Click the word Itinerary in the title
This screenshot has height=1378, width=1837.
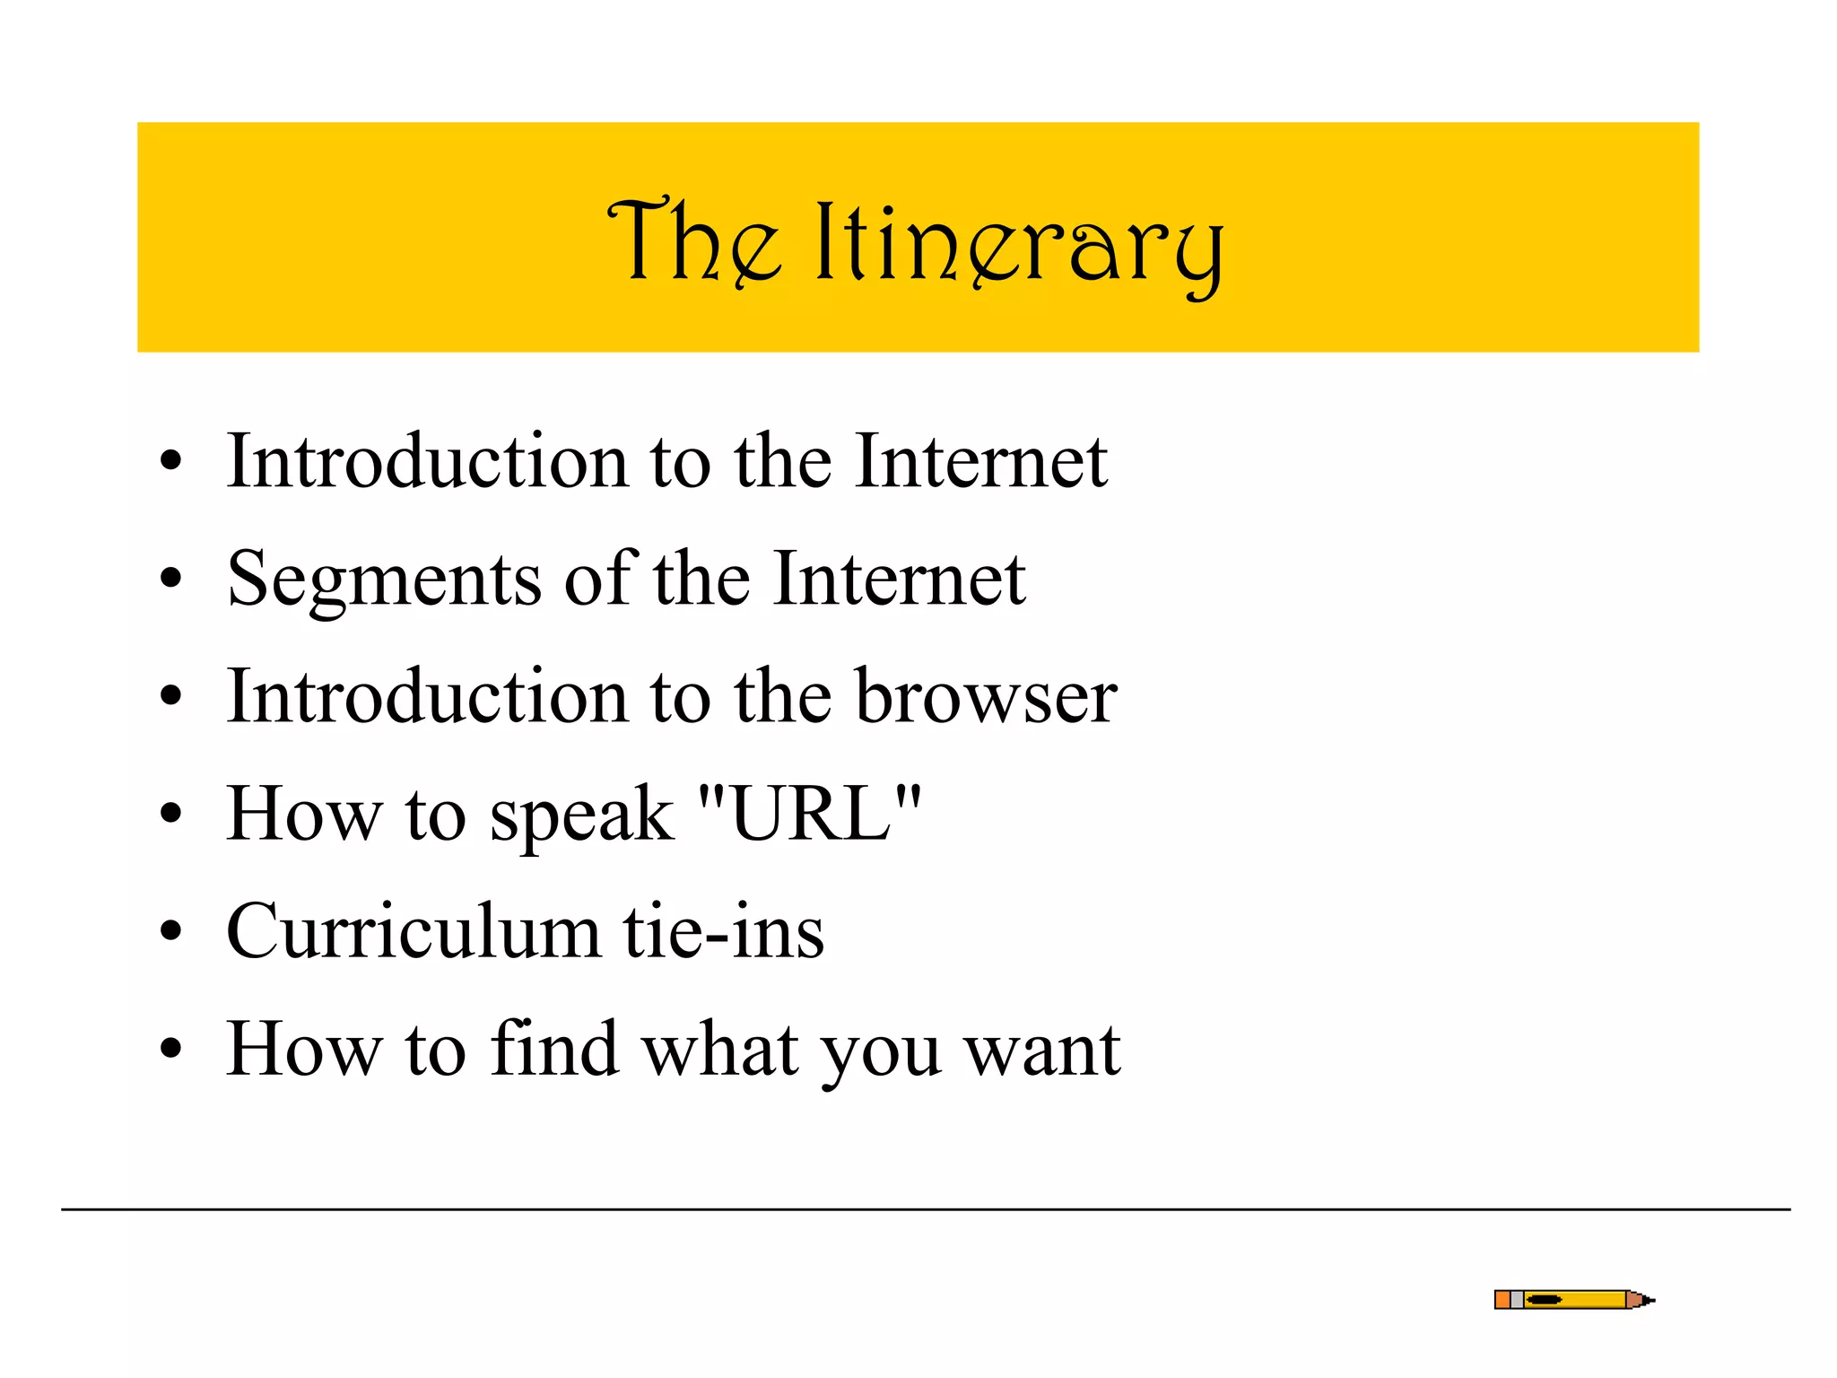tap(1019, 244)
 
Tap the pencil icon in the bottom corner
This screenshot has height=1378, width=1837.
tap(1573, 1300)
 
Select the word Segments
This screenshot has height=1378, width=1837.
tap(385, 580)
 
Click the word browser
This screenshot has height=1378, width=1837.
tap(986, 696)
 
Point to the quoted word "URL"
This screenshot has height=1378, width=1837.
tap(809, 813)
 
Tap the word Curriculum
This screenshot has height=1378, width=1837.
tap(414, 931)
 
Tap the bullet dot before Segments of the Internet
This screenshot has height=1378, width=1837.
tap(170, 580)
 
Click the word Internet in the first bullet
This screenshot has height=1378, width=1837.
tap(981, 461)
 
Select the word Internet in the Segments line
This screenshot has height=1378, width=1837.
tap(899, 580)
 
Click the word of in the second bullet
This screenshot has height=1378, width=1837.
tap(599, 578)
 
